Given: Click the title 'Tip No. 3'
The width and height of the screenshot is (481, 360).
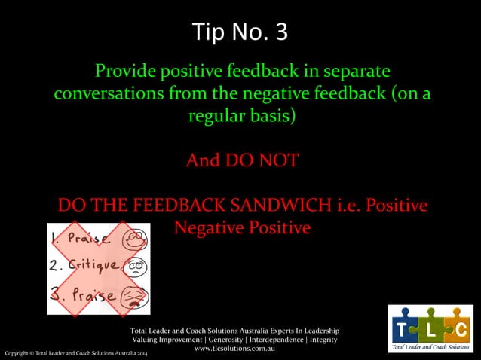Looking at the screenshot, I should coord(240,32).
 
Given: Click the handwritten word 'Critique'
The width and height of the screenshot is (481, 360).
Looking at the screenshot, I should coord(91,266).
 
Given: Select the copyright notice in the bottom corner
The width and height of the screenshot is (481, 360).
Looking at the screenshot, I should coord(75,353).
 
